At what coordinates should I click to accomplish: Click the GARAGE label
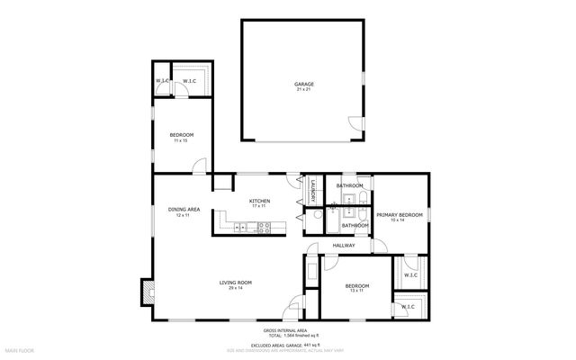pos(304,84)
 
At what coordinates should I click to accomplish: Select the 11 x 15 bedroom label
pos(181,135)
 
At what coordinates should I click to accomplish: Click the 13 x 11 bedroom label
pos(357,285)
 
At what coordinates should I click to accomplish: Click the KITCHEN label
pos(260,201)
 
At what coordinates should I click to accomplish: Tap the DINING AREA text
pos(183,211)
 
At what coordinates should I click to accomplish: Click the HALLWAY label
pos(344,245)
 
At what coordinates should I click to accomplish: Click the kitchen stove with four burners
pos(263,228)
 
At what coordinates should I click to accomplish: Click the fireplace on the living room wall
pos(146,291)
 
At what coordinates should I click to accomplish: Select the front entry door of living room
pos(292,312)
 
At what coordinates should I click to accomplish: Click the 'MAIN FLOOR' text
pos(19,349)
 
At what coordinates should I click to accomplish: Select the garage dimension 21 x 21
pos(304,89)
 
